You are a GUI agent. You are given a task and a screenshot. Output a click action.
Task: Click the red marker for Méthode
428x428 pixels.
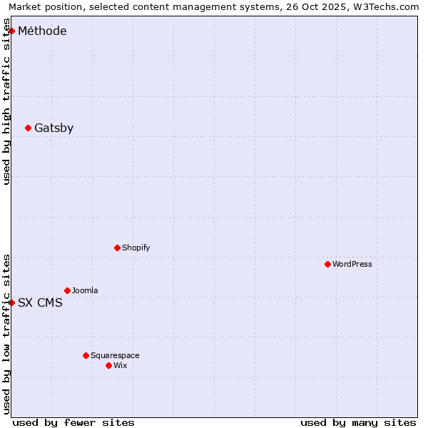(11, 31)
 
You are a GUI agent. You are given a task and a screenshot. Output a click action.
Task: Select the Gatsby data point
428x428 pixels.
(28, 128)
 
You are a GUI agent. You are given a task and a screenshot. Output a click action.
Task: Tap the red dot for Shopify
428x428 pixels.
(117, 248)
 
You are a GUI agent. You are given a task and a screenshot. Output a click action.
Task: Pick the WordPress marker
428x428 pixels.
(327, 264)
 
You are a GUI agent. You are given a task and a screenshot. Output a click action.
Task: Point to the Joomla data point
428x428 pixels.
(67, 290)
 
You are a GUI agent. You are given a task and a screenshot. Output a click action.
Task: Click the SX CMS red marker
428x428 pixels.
(11, 302)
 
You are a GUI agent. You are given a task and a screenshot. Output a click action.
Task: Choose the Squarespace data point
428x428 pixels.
(86, 355)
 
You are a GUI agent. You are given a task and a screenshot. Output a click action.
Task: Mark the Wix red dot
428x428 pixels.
(108, 365)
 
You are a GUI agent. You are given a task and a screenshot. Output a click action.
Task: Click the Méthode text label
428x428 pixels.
(42, 31)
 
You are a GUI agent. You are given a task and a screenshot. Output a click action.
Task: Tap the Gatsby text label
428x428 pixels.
(53, 128)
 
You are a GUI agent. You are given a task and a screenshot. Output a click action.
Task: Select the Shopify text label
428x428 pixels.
(136, 248)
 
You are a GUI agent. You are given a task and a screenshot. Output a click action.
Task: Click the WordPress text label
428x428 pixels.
(352, 264)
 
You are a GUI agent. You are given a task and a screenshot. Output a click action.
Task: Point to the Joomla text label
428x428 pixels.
(85, 290)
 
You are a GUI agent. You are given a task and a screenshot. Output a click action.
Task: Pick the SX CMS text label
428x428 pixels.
(40, 302)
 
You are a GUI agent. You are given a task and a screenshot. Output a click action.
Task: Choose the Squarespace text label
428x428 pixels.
(115, 355)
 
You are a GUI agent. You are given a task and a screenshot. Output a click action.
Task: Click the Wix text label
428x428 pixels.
(120, 365)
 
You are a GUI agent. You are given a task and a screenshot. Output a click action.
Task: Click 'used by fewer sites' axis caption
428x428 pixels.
(73, 422)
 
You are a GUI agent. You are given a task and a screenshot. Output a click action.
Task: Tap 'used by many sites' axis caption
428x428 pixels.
(358, 422)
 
